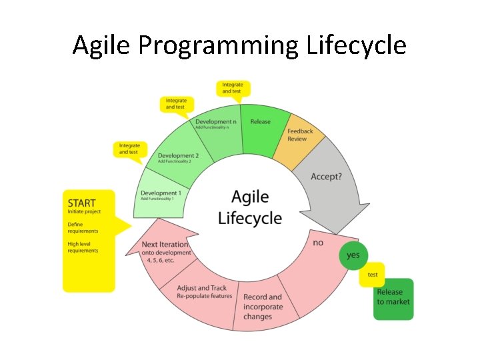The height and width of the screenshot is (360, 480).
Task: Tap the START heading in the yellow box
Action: pyautogui.click(x=81, y=203)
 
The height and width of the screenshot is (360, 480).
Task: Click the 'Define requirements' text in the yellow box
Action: pyautogui.click(x=83, y=227)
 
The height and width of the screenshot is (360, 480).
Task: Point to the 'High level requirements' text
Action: pyautogui.click(x=83, y=247)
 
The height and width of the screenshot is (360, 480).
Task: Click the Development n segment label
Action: pyautogui.click(x=215, y=123)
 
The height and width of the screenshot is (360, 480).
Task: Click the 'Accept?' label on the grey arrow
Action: pyautogui.click(x=326, y=177)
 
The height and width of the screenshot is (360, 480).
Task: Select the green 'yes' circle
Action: pyautogui.click(x=353, y=255)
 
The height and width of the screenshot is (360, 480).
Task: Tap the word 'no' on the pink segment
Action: pyautogui.click(x=318, y=243)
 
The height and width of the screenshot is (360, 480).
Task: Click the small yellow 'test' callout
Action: pyautogui.click(x=372, y=275)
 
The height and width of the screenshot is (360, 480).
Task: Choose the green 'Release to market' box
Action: pyautogui.click(x=393, y=297)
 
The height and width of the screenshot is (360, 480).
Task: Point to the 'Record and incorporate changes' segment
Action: pyautogui.click(x=263, y=307)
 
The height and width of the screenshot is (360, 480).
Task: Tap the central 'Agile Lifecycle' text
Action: pyautogui.click(x=250, y=207)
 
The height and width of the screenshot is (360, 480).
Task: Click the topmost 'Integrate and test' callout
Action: pyautogui.click(x=232, y=88)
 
